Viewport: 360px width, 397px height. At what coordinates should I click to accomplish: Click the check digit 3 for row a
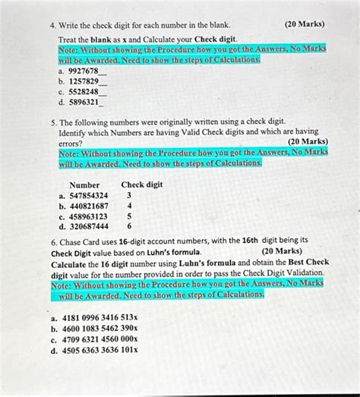130,195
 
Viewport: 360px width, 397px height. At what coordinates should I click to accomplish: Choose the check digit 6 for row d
130,226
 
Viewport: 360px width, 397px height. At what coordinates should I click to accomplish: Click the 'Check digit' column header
142,184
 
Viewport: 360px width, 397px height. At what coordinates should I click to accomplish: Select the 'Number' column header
84,184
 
